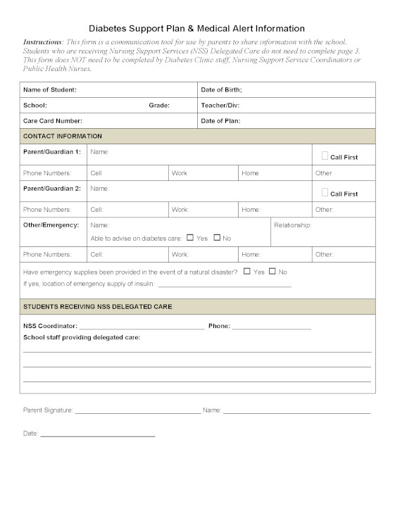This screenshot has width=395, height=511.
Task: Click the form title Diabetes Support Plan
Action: coord(196,29)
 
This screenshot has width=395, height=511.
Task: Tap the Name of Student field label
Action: coord(50,90)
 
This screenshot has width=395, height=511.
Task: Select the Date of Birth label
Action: coord(221,90)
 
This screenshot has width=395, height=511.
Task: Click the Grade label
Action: coord(158,106)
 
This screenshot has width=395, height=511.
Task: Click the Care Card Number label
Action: coord(53,121)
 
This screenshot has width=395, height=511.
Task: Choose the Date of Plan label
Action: coord(220,121)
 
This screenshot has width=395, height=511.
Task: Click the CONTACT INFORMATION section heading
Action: coord(63,136)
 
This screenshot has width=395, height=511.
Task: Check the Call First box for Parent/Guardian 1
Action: coord(325,156)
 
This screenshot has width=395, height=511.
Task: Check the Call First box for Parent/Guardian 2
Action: coord(325,192)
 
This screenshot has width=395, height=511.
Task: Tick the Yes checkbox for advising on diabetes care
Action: coord(190,238)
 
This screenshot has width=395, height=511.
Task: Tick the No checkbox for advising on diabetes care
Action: coord(217,238)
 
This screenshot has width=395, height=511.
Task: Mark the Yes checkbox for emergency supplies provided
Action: coord(247,271)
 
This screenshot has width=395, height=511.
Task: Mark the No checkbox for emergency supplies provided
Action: coord(272,271)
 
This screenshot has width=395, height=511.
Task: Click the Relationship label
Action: coord(292,225)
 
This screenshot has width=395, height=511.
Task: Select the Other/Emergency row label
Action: coord(51,225)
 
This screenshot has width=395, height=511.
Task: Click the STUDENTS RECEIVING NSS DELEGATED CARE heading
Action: coord(97,307)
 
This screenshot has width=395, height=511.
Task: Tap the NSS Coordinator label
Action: coord(50,327)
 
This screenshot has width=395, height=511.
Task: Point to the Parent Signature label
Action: coord(48,410)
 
